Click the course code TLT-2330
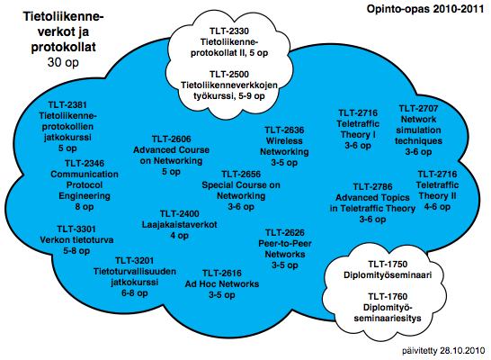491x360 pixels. (229, 31)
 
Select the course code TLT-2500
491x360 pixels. (229, 75)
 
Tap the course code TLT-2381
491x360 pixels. (67, 104)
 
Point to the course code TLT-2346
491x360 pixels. (85, 163)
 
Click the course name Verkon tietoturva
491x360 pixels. (76, 240)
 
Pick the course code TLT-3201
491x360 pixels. (135, 261)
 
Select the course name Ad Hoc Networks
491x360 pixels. (222, 284)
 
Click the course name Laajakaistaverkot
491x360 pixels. (180, 225)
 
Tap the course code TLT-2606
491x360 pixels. (171, 139)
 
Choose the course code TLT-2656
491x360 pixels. (241, 175)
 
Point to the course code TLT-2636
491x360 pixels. (284, 130)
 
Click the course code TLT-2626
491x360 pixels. (285, 233)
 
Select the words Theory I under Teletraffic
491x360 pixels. (358, 135)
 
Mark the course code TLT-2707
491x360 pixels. (418, 108)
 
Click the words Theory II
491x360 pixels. (437, 196)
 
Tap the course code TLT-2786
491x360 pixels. (372, 187)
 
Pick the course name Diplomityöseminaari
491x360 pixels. (388, 275)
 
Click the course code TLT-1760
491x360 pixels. (388, 297)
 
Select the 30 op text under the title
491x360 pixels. (63, 62)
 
